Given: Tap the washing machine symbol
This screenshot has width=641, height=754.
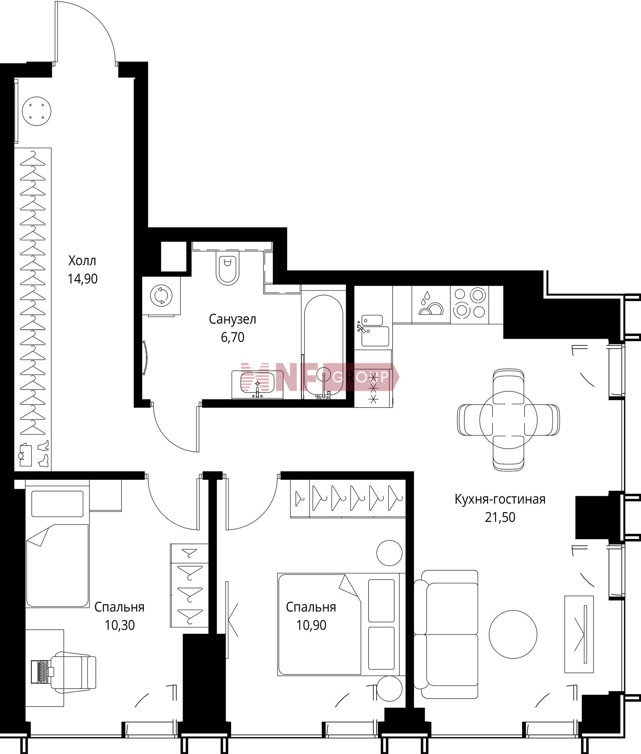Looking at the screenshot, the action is pyautogui.click(x=161, y=295).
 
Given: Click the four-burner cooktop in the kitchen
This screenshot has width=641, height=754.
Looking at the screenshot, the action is pyautogui.click(x=469, y=305).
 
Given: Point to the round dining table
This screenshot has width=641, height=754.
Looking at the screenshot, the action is pyautogui.click(x=508, y=420).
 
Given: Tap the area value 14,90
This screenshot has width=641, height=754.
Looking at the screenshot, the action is pyautogui.click(x=82, y=279).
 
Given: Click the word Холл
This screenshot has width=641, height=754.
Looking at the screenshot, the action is pyautogui.click(x=82, y=261).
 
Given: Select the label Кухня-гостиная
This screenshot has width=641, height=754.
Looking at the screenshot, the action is pyautogui.click(x=500, y=499).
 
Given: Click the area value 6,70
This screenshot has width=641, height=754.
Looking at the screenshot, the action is pyautogui.click(x=233, y=337).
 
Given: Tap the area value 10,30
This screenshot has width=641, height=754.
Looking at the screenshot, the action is pyautogui.click(x=120, y=625).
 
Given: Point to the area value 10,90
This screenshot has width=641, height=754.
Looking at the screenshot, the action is pyautogui.click(x=311, y=625).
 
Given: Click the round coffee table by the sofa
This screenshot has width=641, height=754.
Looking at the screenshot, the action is pyautogui.click(x=513, y=634).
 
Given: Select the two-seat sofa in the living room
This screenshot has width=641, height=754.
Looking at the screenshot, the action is pyautogui.click(x=446, y=634).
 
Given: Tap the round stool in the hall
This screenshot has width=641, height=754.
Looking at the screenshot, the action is pyautogui.click(x=36, y=111).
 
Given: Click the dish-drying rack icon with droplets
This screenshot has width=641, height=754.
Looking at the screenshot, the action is pyautogui.click(x=431, y=305).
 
